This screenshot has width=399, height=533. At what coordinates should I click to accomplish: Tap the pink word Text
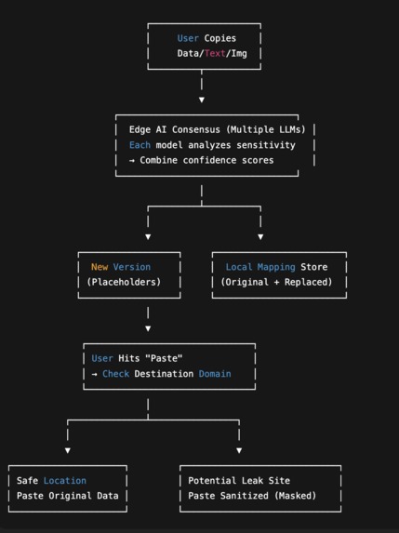tap(216, 54)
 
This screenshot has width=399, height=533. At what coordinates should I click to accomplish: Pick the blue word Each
tap(140, 145)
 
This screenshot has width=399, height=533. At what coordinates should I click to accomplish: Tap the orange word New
tap(100, 267)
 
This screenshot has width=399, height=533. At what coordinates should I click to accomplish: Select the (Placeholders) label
tap(124, 282)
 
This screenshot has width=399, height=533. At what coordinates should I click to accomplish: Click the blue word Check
tap(116, 374)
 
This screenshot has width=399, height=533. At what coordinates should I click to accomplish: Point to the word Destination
tap(167, 374)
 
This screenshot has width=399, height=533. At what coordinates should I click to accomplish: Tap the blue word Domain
tap(215, 374)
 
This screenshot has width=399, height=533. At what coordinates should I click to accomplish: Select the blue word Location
tap(65, 481)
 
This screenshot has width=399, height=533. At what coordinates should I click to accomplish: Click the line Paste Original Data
tap(68, 496)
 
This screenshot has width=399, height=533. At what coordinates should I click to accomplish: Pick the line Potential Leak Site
tap(239, 481)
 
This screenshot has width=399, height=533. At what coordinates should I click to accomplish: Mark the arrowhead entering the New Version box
tap(148, 236)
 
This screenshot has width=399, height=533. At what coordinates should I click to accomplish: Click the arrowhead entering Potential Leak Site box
tap(239, 450)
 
